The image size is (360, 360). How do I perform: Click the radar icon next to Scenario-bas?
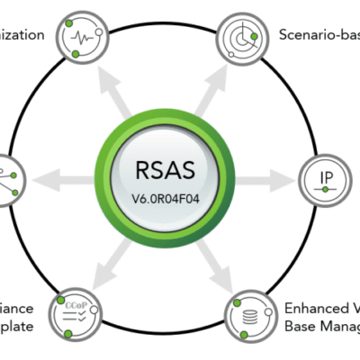(x=243, y=36)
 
